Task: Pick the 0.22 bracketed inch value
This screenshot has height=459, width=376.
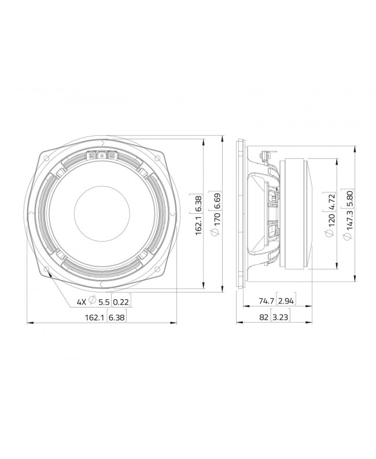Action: [x=121, y=302]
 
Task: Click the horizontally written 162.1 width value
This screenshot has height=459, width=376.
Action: [x=95, y=317]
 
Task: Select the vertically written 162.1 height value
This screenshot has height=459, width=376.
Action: [x=198, y=224]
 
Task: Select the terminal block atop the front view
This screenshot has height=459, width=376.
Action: [x=102, y=154]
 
